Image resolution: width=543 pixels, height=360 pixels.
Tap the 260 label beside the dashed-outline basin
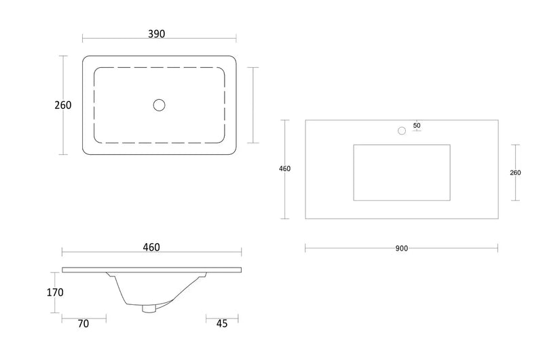[x=63, y=105]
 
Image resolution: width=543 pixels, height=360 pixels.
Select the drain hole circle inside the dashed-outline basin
[x=160, y=105]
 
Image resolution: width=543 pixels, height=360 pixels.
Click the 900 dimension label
[x=401, y=249]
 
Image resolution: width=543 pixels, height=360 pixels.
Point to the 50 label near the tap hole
[x=417, y=125]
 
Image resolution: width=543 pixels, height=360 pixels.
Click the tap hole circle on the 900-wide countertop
[x=401, y=130]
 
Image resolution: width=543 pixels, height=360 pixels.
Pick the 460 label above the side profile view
[x=151, y=247]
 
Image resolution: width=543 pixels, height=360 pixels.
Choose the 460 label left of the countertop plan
[x=285, y=169]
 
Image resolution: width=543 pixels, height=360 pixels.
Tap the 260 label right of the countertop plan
[x=515, y=173]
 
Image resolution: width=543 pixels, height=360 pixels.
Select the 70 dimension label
[x=83, y=324]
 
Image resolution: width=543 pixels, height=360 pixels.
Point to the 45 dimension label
[x=221, y=324]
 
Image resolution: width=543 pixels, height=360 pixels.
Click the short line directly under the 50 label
[x=417, y=131]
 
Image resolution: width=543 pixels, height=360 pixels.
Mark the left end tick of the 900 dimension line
[x=305, y=249]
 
